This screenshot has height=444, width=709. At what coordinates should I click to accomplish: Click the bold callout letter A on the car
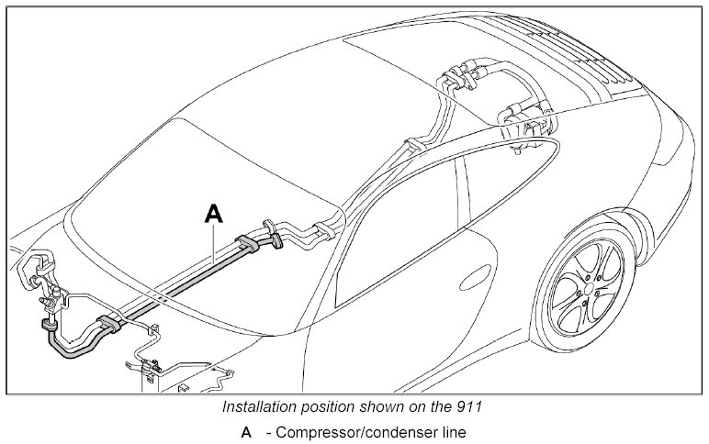pyautogui.click(x=213, y=214)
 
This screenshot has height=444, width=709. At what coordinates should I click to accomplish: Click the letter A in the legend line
pyautogui.click(x=246, y=432)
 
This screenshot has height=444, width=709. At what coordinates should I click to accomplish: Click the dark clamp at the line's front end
pyautogui.click(x=45, y=325)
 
